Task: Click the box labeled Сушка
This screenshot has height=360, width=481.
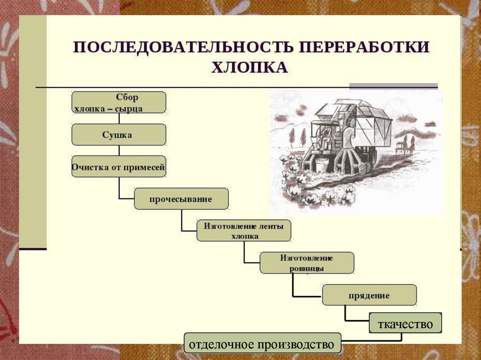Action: (118, 135)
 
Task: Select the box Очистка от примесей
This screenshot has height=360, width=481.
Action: (118, 167)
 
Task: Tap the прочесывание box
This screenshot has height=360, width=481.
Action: (181, 199)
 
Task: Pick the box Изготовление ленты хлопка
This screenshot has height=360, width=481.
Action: (244, 230)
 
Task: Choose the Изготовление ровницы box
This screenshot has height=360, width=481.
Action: (307, 263)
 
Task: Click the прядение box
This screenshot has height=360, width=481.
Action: (369, 295)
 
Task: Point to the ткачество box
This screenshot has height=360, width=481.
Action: (405, 323)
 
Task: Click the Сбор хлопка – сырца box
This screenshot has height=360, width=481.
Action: (118, 102)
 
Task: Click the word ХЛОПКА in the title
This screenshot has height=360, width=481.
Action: (249, 68)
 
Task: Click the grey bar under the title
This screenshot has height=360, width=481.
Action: (393, 86)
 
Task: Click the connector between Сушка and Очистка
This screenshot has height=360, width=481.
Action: (119, 151)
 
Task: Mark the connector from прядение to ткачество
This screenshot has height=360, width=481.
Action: (346, 315)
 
